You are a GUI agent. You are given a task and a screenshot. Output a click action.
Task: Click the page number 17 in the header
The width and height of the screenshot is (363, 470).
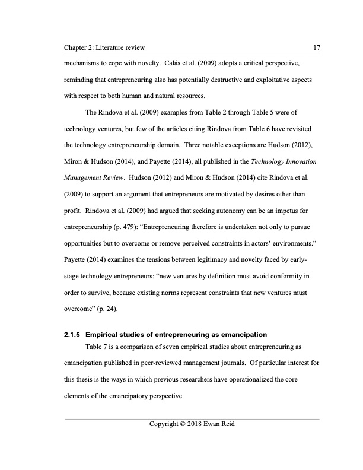coord(315,47)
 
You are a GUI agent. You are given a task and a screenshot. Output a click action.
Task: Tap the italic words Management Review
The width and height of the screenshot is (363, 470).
coord(96,177)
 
